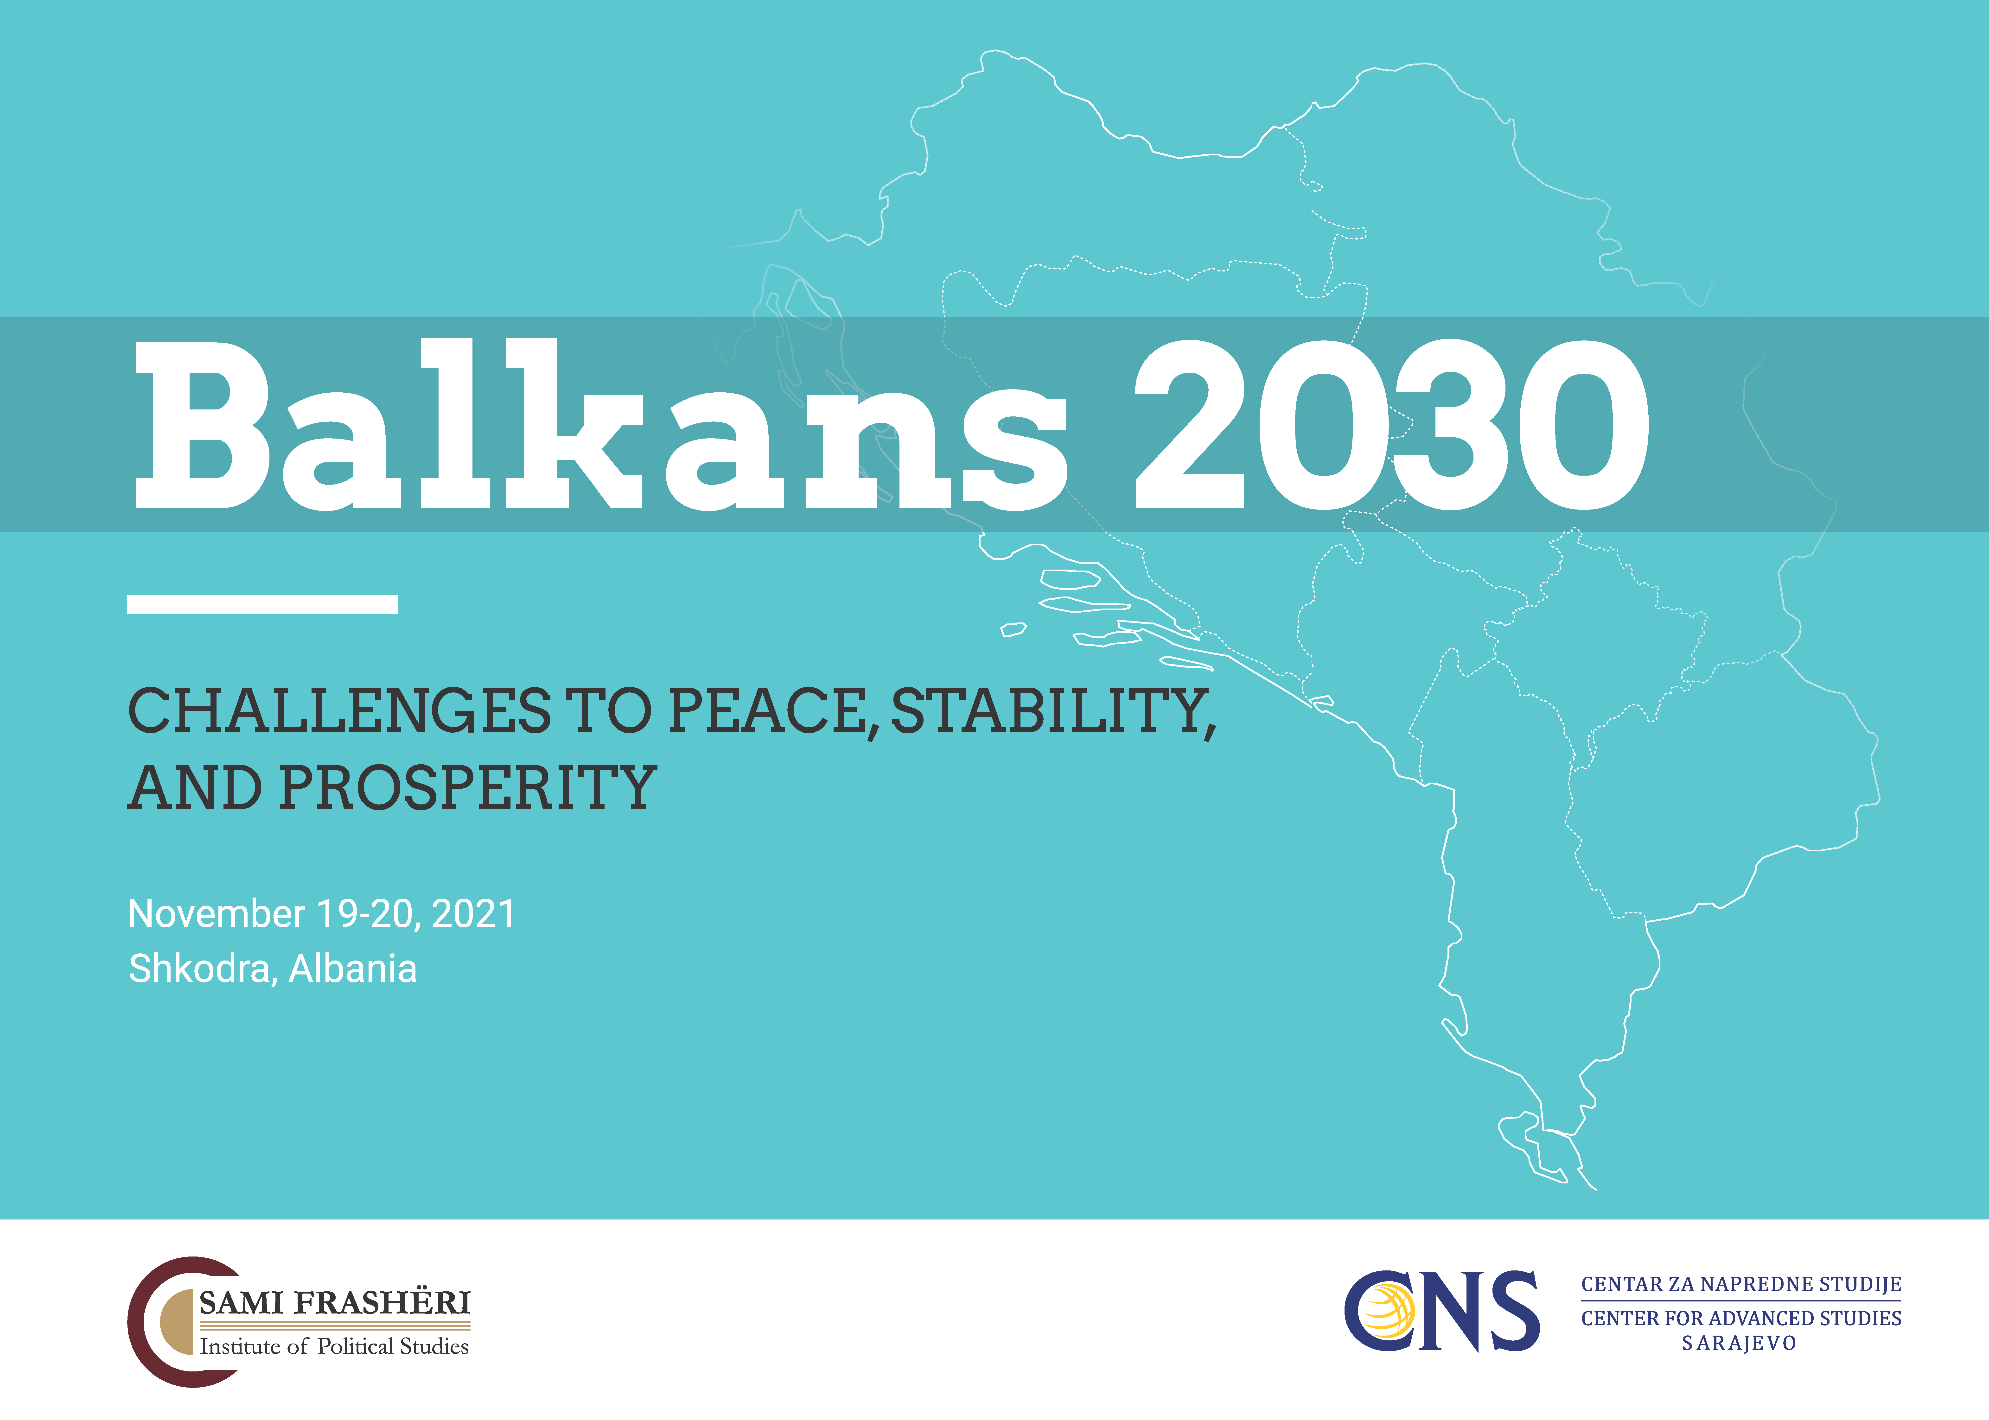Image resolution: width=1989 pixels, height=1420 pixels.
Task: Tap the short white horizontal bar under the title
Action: point(262,604)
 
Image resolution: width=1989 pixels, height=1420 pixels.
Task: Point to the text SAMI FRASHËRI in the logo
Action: point(335,1303)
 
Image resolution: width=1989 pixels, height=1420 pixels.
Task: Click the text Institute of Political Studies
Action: point(334,1347)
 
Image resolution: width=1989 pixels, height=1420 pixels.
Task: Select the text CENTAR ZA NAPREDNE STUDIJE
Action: point(1740,1284)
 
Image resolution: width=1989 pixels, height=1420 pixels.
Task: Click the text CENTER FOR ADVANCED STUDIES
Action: point(1740,1318)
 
